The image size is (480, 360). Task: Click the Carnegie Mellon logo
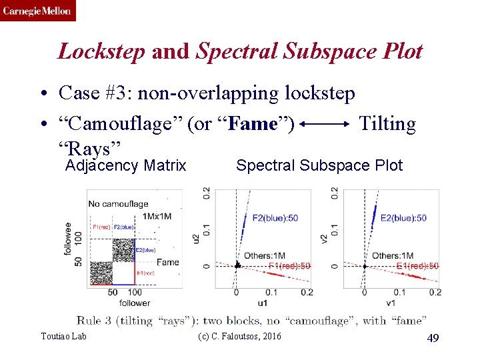pyautogui.click(x=38, y=11)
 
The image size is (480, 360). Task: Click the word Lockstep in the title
pyautogui.click(x=101, y=51)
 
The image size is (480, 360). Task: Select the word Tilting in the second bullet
pyautogui.click(x=387, y=123)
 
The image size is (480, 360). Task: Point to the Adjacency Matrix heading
pyautogui.click(x=125, y=165)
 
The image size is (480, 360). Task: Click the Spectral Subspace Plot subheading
pyautogui.click(x=319, y=165)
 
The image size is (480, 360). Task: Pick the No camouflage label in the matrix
pyautogui.click(x=118, y=204)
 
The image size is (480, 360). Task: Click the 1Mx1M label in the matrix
pyautogui.click(x=159, y=216)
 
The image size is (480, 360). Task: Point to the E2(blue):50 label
pyautogui.click(x=403, y=218)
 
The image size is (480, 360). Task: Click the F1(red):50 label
pyautogui.click(x=289, y=266)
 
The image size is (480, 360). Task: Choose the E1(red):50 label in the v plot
pyautogui.click(x=417, y=266)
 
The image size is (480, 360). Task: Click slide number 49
pyautogui.click(x=433, y=339)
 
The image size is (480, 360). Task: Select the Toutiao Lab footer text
pyautogui.click(x=63, y=336)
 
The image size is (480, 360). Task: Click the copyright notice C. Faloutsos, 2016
pyautogui.click(x=240, y=336)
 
